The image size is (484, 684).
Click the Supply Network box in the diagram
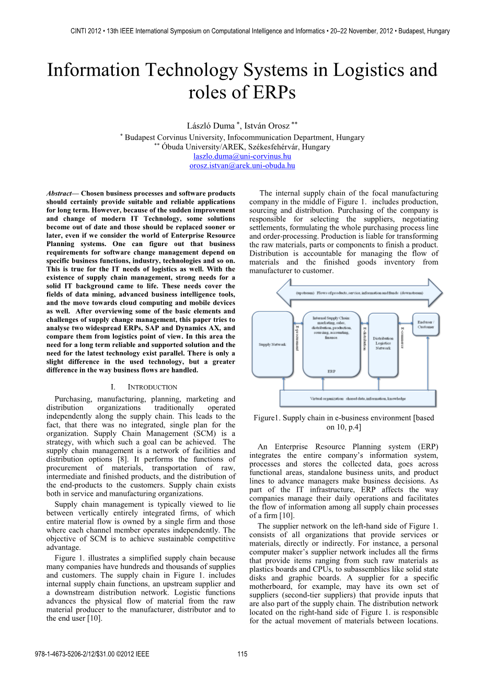click(272, 344)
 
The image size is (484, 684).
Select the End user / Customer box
click(425, 324)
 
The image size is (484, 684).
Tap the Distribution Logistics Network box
click(383, 343)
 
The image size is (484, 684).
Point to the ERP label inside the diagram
click(331, 371)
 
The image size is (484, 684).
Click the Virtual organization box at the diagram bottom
click(358, 398)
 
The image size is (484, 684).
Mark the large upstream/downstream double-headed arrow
click(359, 293)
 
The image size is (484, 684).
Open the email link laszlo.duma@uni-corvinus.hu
click(242, 156)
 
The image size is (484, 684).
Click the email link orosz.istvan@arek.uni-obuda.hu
click(242, 166)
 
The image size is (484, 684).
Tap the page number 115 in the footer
click(242, 654)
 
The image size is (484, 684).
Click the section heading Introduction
click(152, 387)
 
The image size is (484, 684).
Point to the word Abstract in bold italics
click(59, 193)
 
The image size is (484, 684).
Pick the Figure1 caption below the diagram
click(344, 422)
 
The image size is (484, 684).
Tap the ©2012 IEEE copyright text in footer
click(132, 654)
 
